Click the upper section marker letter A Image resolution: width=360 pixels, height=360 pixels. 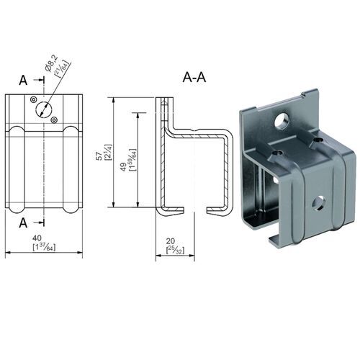click(x=24, y=81)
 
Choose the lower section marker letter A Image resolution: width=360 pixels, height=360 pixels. click(x=24, y=220)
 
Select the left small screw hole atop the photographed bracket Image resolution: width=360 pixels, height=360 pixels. click(x=277, y=153)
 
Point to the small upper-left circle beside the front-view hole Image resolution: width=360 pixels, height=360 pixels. click(x=37, y=102)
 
